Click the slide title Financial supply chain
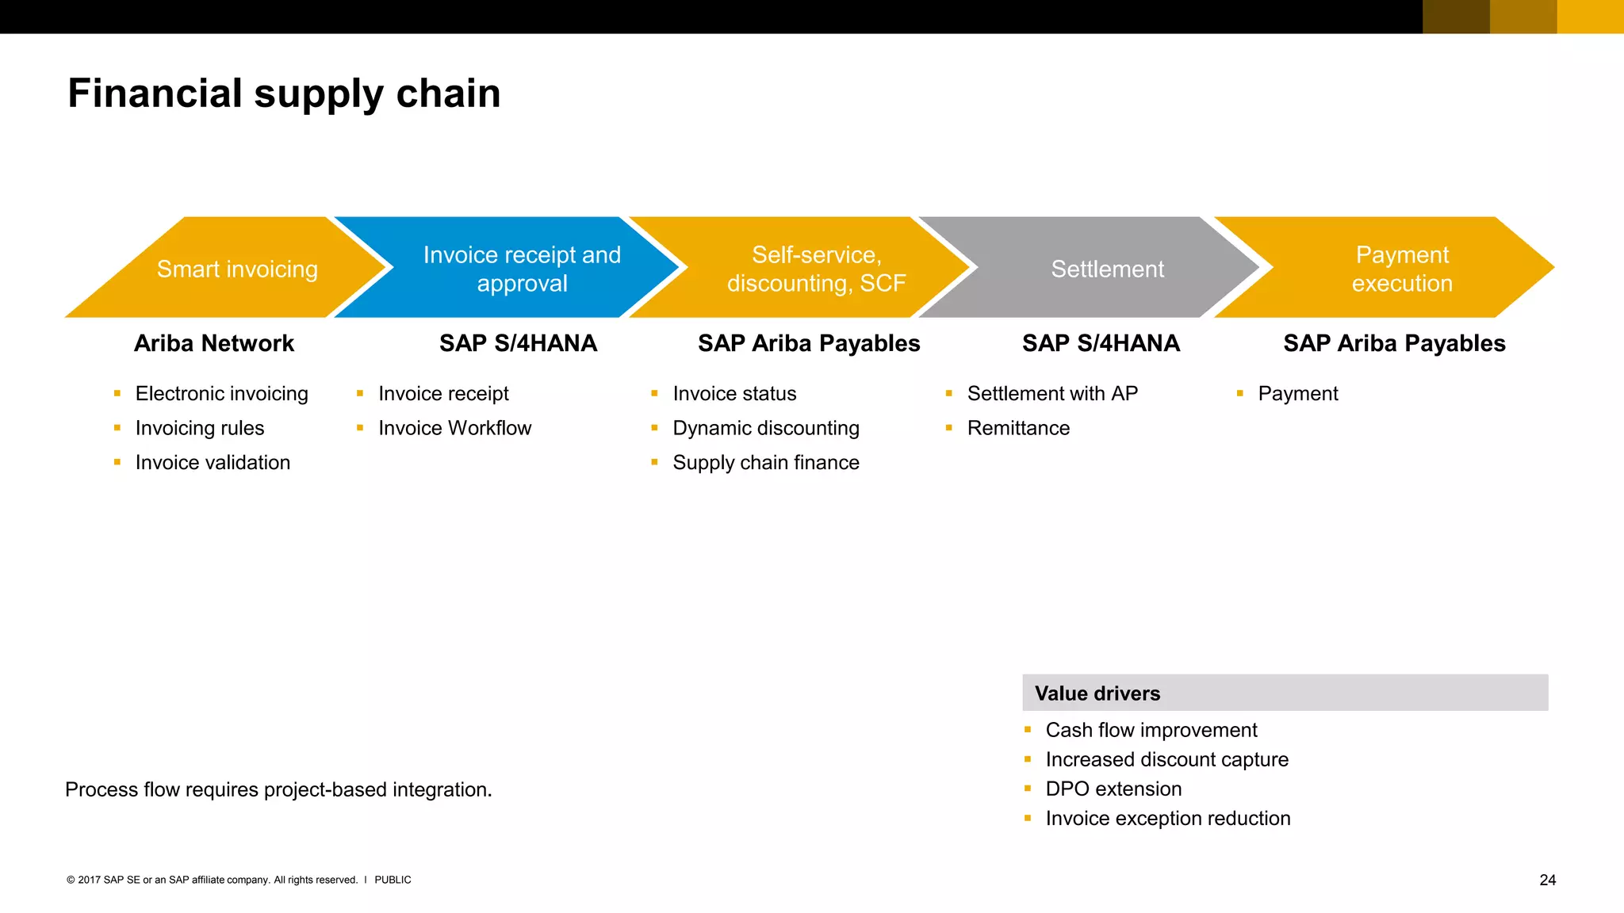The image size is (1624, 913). pyautogui.click(x=284, y=94)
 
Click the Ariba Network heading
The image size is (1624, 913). pyautogui.click(x=214, y=343)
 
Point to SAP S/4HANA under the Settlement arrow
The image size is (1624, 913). pyautogui.click(x=1101, y=343)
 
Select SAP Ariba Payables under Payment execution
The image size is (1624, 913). pyautogui.click(x=1394, y=343)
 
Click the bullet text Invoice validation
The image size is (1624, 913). pyautogui.click(x=213, y=462)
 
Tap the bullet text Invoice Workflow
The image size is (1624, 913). pyautogui.click(x=454, y=428)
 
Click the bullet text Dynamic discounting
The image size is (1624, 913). pyautogui.click(x=765, y=428)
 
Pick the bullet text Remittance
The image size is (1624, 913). pyautogui.click(x=1018, y=428)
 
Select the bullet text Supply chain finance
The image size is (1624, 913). pyautogui.click(x=765, y=462)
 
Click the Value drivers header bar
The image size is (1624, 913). pyautogui.click(x=1285, y=693)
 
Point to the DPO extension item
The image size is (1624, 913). pyautogui.click(x=1113, y=789)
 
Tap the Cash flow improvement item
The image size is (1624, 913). pyautogui.click(x=1151, y=730)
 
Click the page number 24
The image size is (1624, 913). pyautogui.click(x=1547, y=880)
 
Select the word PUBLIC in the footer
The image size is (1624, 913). pyautogui.click(x=393, y=880)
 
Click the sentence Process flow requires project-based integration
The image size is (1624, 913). pyautogui.click(x=278, y=789)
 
